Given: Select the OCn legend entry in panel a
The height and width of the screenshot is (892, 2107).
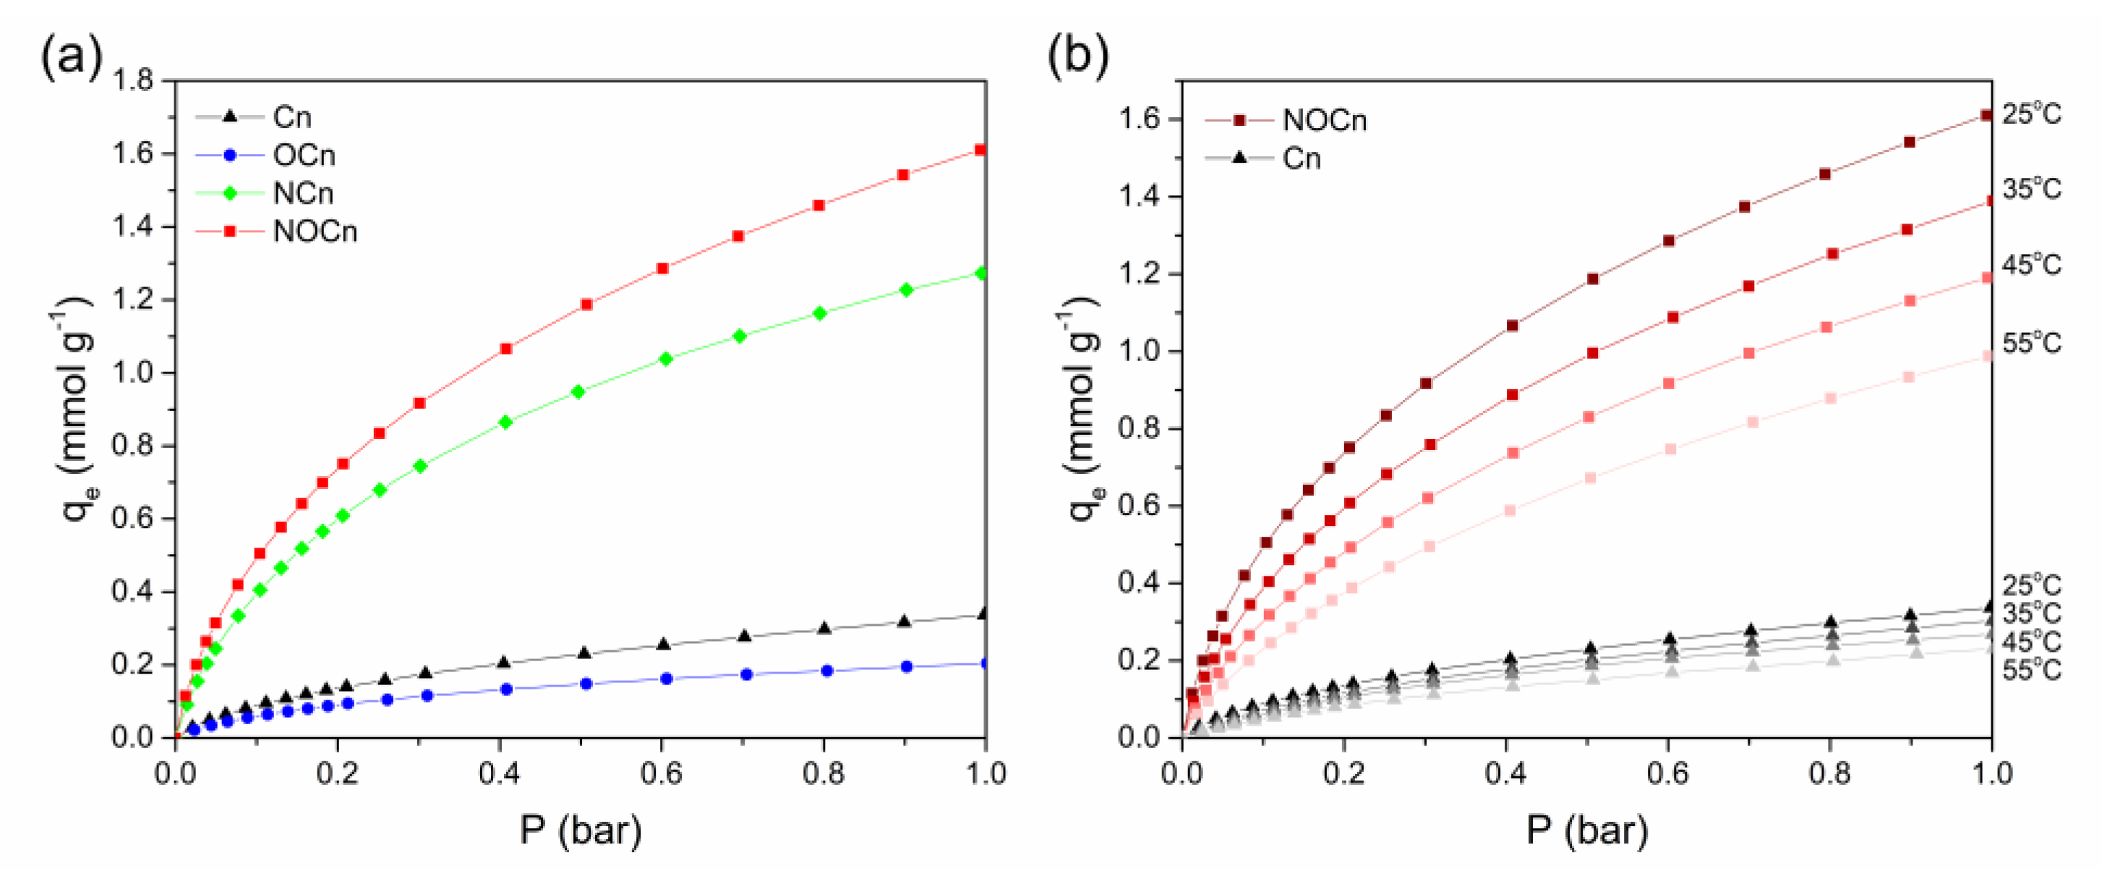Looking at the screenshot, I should tap(304, 156).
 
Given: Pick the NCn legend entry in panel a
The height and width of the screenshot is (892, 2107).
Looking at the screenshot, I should tap(303, 193).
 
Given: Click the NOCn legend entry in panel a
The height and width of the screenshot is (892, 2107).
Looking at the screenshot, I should tap(315, 232).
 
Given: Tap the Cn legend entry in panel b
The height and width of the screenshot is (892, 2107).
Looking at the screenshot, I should tap(1301, 158).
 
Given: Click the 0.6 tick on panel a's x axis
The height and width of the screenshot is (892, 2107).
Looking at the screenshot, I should tap(661, 773).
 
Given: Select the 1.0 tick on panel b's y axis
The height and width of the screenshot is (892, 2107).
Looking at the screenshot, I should tap(1139, 351).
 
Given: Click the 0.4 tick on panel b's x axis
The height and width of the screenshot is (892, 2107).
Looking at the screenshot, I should tap(1505, 773).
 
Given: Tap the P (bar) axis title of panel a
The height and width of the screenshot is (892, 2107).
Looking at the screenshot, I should tap(581, 831).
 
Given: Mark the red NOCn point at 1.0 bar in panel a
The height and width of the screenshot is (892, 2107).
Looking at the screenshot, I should tap(980, 150).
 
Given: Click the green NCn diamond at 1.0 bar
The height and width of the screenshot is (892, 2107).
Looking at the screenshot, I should tap(981, 273).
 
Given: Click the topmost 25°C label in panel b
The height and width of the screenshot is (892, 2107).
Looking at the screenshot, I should tap(2031, 114).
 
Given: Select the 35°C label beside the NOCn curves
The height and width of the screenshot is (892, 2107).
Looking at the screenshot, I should tap(2031, 189).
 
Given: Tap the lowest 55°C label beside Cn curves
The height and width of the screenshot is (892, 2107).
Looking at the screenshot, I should tap(2031, 671).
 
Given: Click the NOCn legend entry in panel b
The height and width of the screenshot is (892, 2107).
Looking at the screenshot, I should tap(1323, 120).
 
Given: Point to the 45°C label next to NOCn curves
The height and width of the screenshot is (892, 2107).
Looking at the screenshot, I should tap(2031, 266).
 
